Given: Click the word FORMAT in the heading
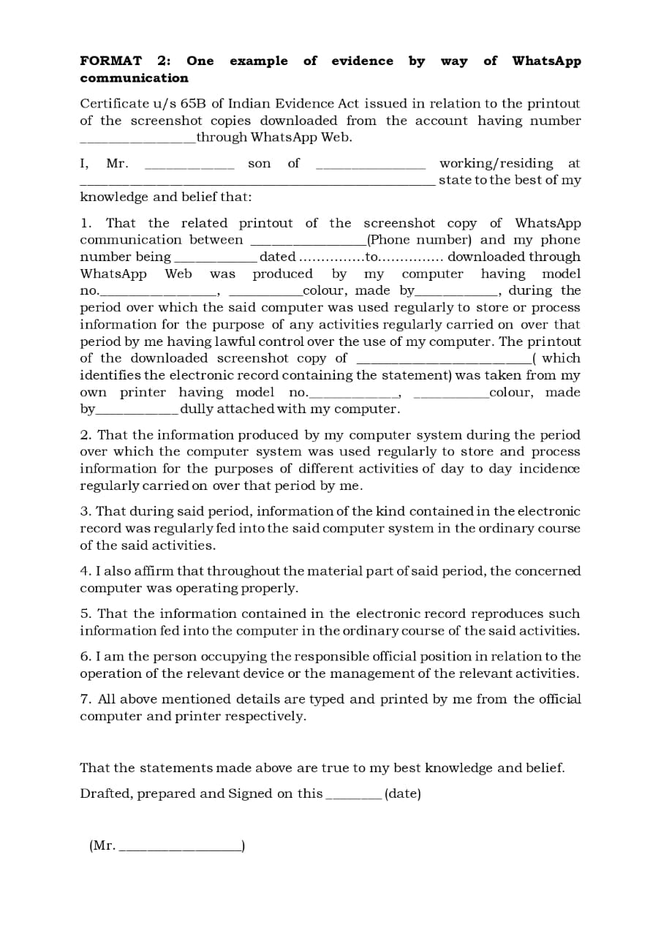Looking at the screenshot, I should click(x=110, y=61).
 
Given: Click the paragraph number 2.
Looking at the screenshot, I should click(x=84, y=434).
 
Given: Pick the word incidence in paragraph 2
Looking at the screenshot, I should click(x=549, y=469).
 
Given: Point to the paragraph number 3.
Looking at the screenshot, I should click(x=85, y=511).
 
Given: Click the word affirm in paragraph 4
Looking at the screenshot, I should click(x=157, y=571).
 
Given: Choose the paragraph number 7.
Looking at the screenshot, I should click(x=84, y=699).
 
